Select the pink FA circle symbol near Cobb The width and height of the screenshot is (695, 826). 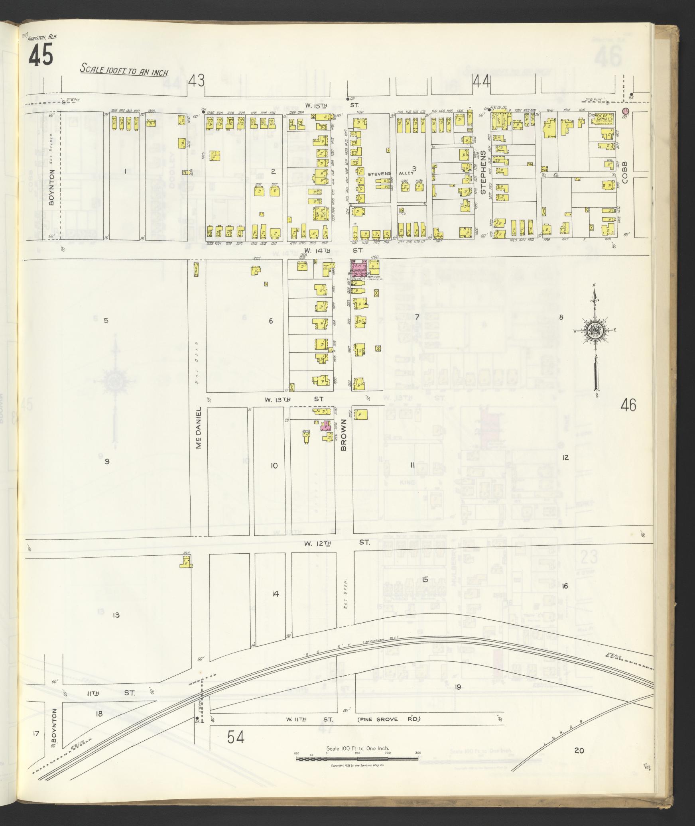coord(625,110)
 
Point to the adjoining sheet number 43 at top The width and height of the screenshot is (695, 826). coord(197,81)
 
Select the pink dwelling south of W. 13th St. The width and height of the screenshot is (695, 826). coord(326,426)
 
